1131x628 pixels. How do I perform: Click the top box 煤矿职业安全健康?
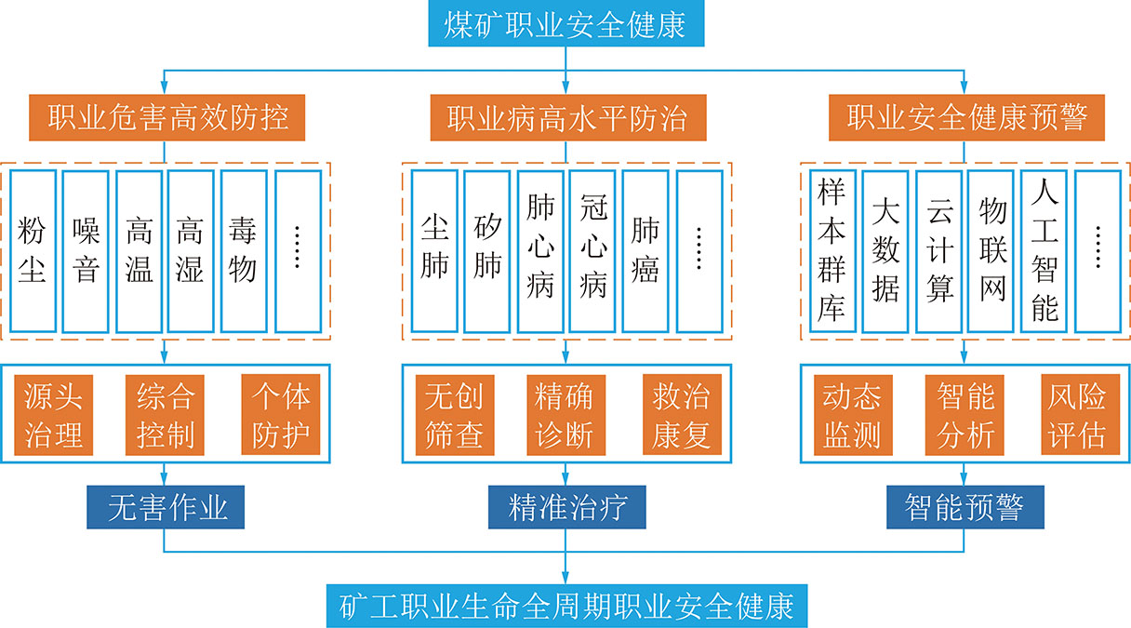click(565, 23)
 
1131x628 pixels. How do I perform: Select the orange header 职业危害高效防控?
click(167, 117)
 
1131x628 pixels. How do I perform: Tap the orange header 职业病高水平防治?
click(566, 117)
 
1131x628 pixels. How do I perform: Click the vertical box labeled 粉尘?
click(33, 250)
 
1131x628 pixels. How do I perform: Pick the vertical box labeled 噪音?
click(86, 250)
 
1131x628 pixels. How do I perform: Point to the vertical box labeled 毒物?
click(244, 250)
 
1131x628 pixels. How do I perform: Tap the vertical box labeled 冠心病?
click(593, 250)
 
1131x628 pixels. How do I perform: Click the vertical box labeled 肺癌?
click(645, 250)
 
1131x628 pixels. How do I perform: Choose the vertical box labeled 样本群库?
click(832, 250)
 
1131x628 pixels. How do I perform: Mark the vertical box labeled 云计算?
click(939, 250)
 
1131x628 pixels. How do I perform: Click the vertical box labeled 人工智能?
click(1045, 250)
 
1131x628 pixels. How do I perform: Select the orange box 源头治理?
click(53, 415)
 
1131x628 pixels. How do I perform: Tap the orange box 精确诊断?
click(565, 415)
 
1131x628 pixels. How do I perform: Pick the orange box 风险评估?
click(1077, 415)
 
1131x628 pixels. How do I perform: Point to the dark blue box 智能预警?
click(965, 508)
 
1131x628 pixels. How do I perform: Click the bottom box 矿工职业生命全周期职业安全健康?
click(565, 605)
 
